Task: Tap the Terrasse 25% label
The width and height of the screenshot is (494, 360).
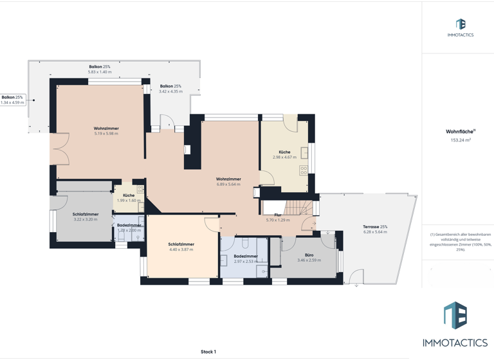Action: tap(375, 227)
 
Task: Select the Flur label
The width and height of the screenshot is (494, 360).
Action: tap(278, 215)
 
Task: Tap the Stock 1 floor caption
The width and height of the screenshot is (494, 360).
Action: tap(208, 352)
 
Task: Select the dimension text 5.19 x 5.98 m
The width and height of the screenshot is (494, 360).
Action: tap(106, 134)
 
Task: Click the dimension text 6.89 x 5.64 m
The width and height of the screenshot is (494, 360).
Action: tap(228, 184)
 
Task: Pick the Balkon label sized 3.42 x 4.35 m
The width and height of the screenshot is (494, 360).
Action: tap(170, 86)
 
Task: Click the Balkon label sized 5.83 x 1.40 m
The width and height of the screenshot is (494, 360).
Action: tap(100, 67)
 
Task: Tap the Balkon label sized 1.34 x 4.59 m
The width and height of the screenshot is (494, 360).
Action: tap(12, 97)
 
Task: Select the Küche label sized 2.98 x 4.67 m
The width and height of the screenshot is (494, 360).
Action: tap(284, 152)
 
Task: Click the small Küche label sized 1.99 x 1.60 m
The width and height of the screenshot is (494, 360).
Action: tap(129, 195)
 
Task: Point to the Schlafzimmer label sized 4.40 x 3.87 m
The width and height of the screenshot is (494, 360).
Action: tap(181, 244)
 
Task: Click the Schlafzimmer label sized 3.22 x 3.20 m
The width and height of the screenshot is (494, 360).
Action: tap(86, 214)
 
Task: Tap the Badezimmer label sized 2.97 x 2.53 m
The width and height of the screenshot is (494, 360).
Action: tap(246, 256)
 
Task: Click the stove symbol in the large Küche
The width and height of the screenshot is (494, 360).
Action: tap(303, 170)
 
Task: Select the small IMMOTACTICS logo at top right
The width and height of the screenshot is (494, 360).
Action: tap(460, 28)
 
